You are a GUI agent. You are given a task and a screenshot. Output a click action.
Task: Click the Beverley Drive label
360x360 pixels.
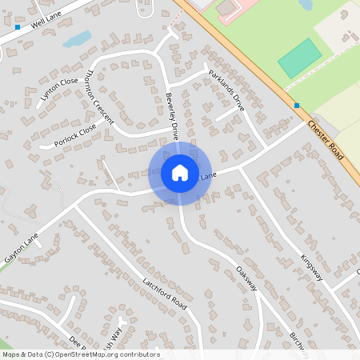(171, 117)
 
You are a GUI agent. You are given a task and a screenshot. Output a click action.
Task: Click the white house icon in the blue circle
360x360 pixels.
(180, 173)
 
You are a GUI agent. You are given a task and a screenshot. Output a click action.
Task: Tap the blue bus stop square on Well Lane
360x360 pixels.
(18, 27)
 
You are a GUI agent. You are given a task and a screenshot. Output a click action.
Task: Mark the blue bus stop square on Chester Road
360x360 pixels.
(297, 106)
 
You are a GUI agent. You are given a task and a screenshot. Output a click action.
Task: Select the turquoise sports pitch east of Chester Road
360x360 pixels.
(299, 58)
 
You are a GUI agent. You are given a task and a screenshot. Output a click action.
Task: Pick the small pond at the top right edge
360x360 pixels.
(306, 4)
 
